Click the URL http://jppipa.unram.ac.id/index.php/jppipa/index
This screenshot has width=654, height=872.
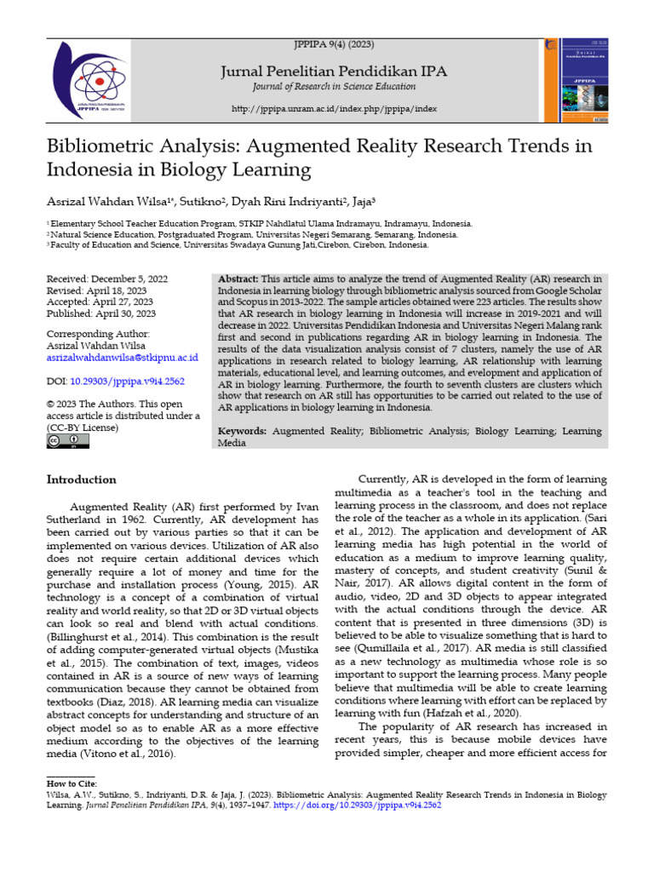pos(334,110)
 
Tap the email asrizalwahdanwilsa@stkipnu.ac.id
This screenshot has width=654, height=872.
pos(121,359)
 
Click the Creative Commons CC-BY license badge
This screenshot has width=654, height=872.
pos(67,440)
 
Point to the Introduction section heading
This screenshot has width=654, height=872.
pos(81,479)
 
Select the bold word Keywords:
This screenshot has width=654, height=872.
pos(246,432)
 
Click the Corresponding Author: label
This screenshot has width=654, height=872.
pos(98,335)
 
